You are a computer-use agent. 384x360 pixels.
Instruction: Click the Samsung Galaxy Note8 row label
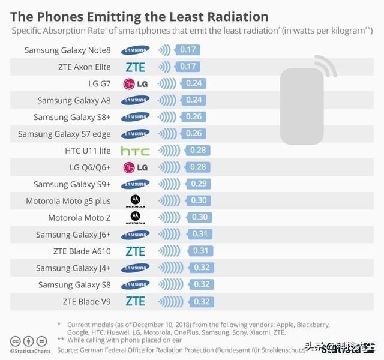click(68, 50)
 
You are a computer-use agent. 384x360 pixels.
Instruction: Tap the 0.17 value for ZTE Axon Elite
click(188, 67)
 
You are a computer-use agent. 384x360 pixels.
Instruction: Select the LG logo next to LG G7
click(135, 83)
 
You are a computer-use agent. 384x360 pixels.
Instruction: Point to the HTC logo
click(135, 151)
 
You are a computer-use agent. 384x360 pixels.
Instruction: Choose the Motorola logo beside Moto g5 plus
click(136, 201)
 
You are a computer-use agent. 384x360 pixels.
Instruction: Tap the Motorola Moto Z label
click(80, 218)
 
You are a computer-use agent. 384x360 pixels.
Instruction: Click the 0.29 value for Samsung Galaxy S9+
click(199, 184)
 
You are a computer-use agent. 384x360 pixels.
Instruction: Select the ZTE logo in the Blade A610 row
click(135, 251)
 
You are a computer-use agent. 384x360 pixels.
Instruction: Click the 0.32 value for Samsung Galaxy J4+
click(203, 268)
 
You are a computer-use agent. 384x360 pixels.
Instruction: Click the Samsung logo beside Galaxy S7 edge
click(135, 134)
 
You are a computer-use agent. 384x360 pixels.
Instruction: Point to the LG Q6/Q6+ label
click(90, 167)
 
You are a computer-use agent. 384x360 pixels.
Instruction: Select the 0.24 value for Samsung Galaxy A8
click(194, 100)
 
